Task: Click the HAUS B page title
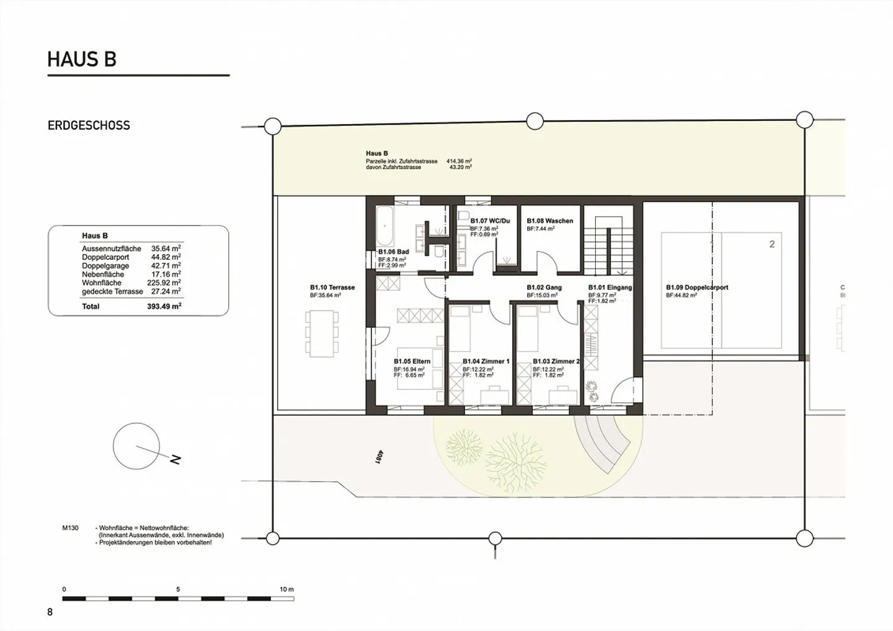tap(82, 60)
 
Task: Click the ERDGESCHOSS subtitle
tap(89, 125)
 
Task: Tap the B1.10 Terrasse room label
tap(332, 288)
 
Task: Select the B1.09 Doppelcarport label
tap(697, 288)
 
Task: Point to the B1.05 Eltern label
tap(412, 361)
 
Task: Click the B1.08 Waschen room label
tap(549, 221)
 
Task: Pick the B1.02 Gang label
tap(544, 288)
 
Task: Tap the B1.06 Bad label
tap(393, 252)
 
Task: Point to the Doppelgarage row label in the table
tap(105, 266)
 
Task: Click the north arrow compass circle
tap(136, 446)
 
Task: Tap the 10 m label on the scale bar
tap(287, 589)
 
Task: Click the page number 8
tap(50, 612)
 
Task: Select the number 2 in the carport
tap(772, 244)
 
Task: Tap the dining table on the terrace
tap(322, 333)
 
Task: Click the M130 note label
tap(70, 528)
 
